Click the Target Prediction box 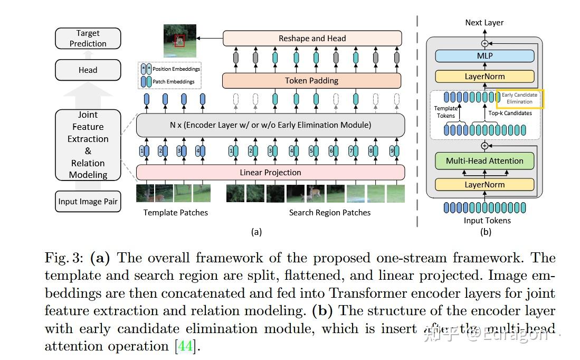88,39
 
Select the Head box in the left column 88,70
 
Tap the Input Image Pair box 88,201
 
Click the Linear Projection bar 270,173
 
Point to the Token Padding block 311,81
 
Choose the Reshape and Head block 312,39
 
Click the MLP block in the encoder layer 484,55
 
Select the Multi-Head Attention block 484,161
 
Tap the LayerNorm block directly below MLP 484,77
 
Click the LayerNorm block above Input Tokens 484,185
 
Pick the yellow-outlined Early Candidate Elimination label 520,99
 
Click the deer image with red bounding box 179,41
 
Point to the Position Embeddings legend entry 170,69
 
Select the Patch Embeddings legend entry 170,82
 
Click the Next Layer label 484,23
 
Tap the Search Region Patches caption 329,213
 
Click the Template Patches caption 176,213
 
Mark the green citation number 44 185,346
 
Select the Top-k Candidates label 510,113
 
